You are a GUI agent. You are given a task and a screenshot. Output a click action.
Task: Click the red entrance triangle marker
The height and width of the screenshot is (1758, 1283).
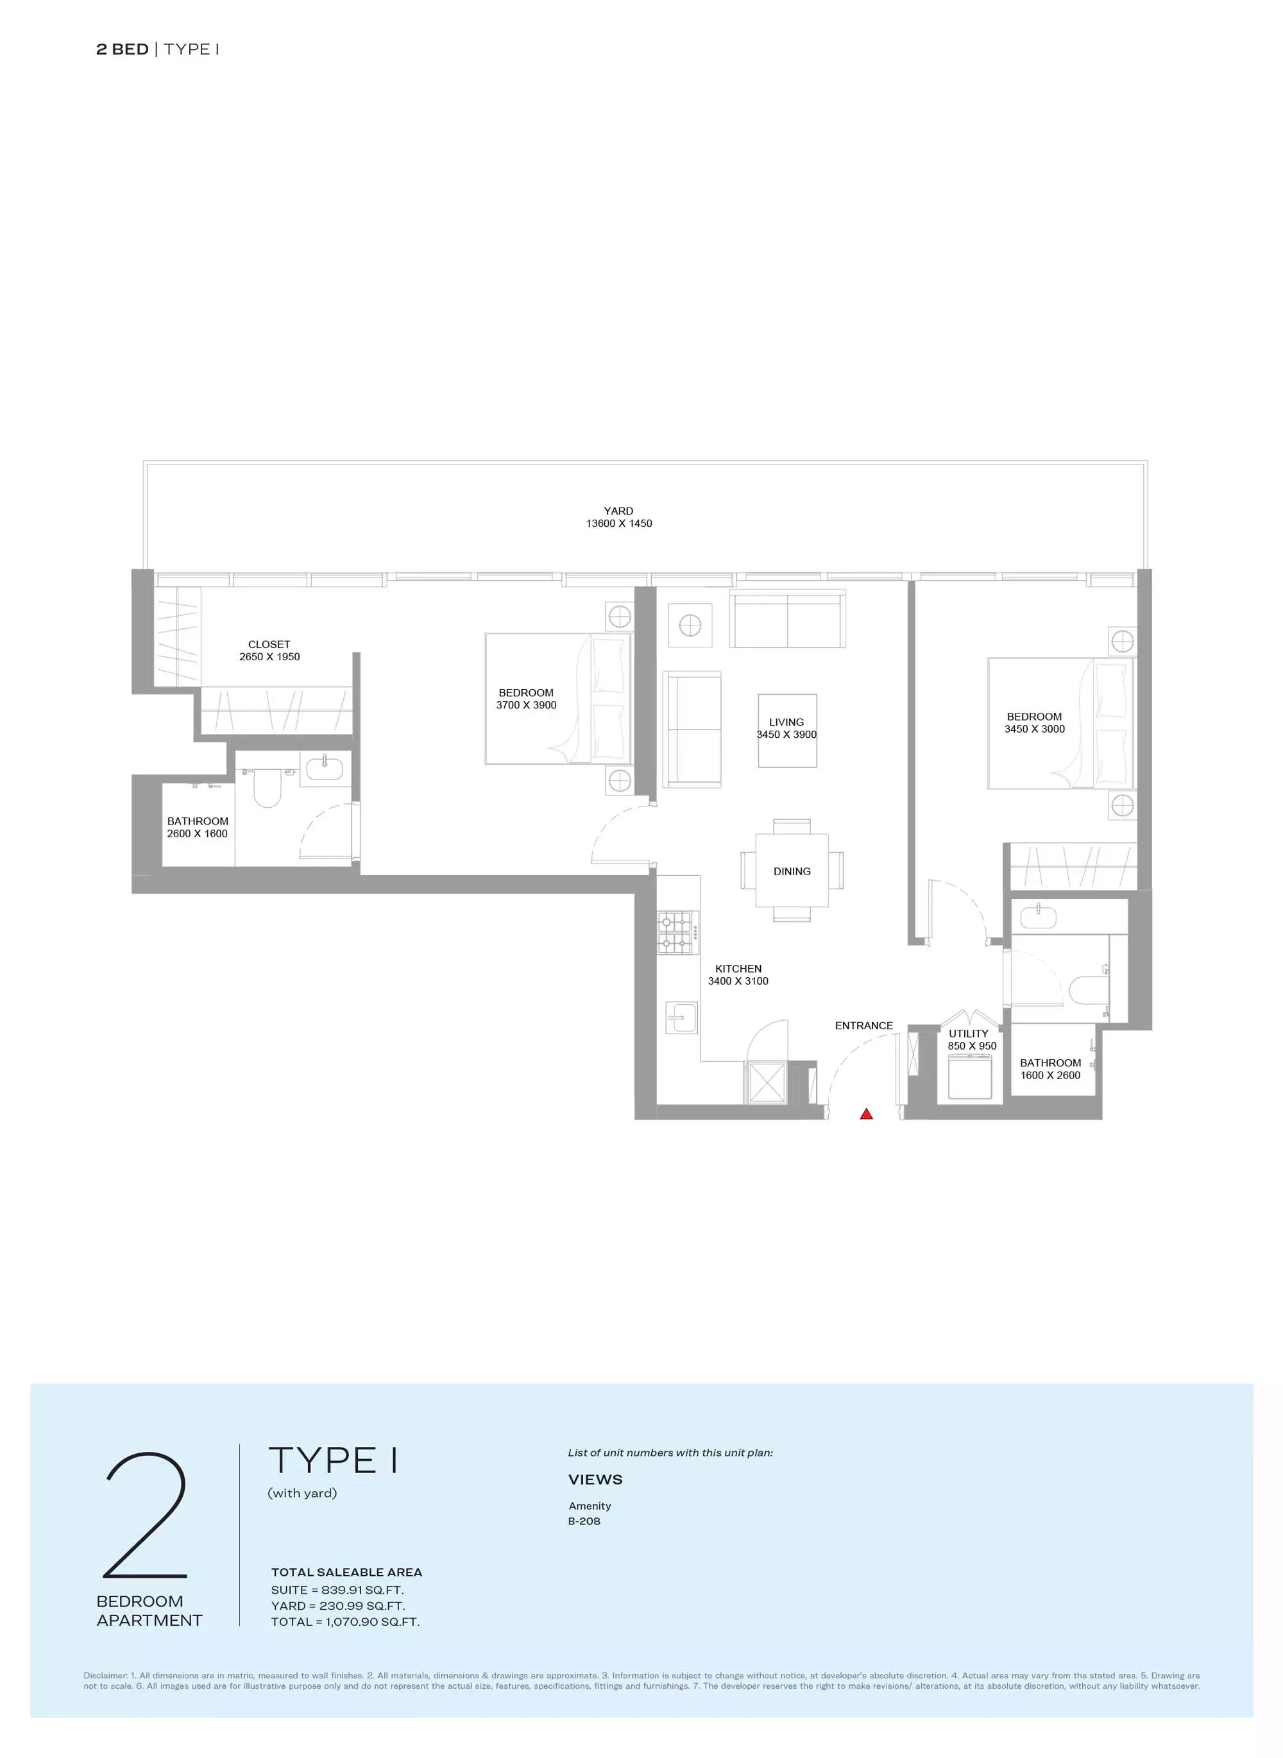pos(867,1114)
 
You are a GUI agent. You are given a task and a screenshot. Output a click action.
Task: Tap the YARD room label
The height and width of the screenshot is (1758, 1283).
pos(619,511)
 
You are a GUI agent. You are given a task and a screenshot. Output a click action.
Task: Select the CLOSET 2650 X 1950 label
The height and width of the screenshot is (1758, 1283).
pos(269,650)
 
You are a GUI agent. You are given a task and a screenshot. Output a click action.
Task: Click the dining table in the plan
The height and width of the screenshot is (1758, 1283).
pos(792,870)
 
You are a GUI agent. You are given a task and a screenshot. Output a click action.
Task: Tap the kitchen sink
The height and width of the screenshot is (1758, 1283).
pos(682,1017)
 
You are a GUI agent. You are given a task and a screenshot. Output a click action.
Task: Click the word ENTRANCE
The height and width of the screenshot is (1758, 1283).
pos(863,1025)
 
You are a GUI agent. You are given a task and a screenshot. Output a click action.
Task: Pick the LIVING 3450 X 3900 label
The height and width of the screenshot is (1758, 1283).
pos(786,728)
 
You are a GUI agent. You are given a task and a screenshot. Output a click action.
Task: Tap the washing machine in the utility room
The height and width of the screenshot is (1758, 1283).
pos(970,1076)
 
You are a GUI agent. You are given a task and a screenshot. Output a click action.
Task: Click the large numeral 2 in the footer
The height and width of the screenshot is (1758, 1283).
pos(146,1515)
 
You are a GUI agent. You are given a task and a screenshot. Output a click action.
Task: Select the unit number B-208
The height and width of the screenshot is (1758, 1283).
pos(584,1521)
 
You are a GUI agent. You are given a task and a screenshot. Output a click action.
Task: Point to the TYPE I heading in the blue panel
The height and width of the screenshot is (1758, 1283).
pos(333,1460)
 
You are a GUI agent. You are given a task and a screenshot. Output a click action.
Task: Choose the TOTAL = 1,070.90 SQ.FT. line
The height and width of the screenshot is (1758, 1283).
pos(346,1622)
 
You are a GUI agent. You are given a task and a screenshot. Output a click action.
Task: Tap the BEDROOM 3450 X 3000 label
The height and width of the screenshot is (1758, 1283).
pos(1035,722)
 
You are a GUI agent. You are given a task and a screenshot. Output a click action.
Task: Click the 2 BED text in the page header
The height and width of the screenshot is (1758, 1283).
pos(122,49)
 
